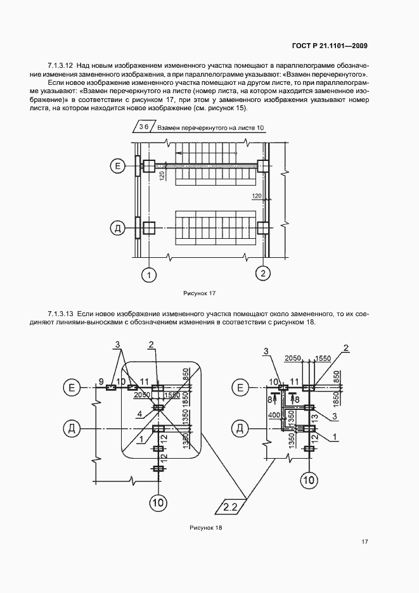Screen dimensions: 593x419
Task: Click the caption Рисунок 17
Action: point(200,293)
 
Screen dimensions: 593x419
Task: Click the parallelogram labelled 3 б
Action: point(143,127)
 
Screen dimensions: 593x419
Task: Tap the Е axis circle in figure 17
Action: point(117,167)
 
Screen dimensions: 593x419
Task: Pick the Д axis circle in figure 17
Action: point(117,227)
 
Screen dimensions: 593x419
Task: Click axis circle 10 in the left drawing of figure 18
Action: point(158,503)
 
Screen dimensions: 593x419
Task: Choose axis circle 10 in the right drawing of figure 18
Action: point(309,480)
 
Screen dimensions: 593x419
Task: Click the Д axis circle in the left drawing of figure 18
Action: point(72,429)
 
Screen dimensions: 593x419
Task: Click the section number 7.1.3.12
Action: point(61,65)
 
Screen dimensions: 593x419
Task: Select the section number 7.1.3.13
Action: point(61,314)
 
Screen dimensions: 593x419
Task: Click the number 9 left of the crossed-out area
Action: point(101,381)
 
